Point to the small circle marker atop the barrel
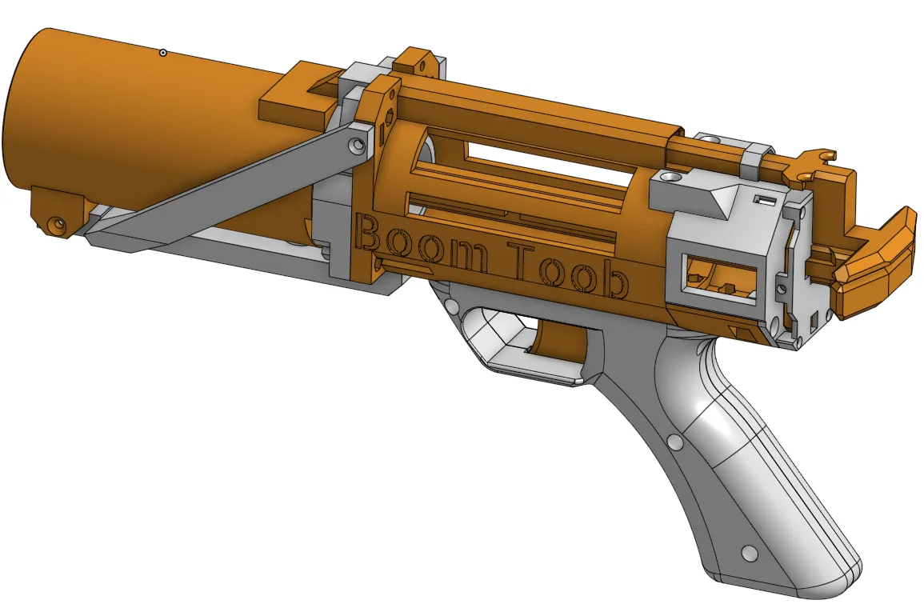pyautogui.click(x=163, y=53)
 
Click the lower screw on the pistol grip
pyautogui.click(x=750, y=554)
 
